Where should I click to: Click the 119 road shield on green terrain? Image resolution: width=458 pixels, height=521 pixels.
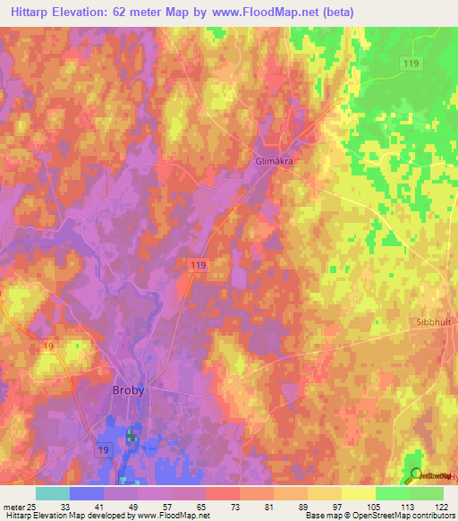click(411, 64)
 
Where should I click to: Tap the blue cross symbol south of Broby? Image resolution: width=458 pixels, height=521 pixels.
click(131, 436)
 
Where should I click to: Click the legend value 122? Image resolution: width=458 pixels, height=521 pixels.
click(442, 506)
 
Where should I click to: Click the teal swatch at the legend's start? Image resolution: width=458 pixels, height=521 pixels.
click(52, 493)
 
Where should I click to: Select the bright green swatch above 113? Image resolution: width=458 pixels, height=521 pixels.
click(392, 493)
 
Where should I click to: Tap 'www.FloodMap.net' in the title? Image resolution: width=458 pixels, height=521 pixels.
click(269, 13)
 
